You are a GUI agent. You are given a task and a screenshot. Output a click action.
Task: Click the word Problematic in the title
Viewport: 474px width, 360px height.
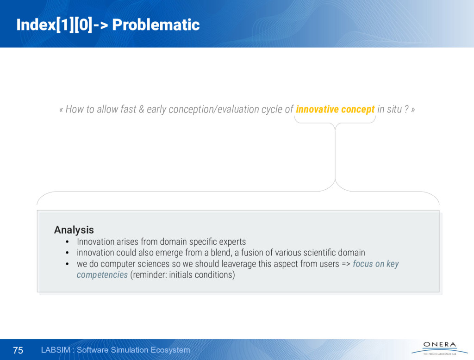pyautogui.click(x=156, y=25)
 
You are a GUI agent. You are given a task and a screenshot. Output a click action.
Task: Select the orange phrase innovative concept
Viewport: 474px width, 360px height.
pyautogui.click(x=335, y=109)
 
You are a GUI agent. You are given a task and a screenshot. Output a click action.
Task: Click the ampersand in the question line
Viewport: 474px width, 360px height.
pyautogui.click(x=142, y=109)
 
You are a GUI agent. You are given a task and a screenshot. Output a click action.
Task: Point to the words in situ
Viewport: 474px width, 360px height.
pyautogui.click(x=390, y=109)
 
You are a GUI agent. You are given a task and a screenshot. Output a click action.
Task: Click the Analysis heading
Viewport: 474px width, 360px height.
pyautogui.click(x=74, y=230)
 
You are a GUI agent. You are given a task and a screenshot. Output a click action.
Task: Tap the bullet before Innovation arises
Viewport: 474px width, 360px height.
pyautogui.click(x=67, y=242)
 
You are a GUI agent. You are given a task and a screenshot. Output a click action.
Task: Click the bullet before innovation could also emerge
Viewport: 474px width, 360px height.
pyautogui.click(x=67, y=253)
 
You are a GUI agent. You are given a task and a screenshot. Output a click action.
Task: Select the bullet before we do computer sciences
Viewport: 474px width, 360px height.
pyautogui.click(x=67, y=264)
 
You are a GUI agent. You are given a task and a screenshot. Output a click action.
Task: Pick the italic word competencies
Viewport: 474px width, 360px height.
pyautogui.click(x=102, y=275)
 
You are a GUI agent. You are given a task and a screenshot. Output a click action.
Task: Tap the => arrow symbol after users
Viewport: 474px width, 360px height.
pyautogui.click(x=346, y=264)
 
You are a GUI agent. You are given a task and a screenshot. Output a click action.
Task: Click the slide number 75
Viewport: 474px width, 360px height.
pyautogui.click(x=18, y=350)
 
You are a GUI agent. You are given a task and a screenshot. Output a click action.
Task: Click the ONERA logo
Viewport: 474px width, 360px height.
pyautogui.click(x=440, y=348)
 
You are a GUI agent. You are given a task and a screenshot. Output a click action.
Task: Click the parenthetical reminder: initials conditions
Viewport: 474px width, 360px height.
pyautogui.click(x=182, y=275)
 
